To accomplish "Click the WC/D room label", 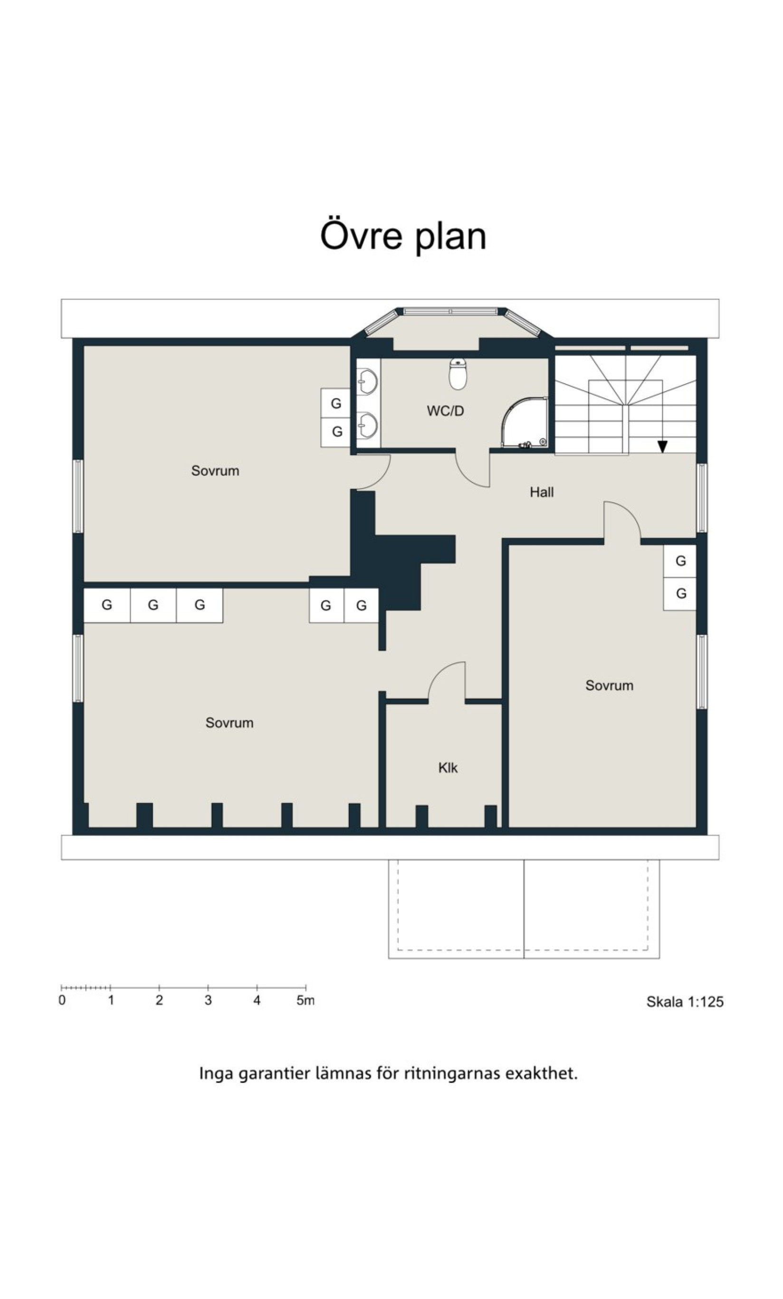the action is coord(445,411).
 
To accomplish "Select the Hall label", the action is coord(542,492).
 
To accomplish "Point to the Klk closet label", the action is coord(448,768).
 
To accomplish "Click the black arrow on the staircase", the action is coord(663,446).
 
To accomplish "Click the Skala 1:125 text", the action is coord(685,1002).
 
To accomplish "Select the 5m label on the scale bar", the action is coord(306,1000).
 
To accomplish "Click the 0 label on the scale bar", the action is coord(62,1000).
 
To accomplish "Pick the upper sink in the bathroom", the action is coord(368,381).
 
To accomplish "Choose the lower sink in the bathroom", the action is coord(368,425).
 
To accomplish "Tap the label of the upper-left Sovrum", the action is coord(215,471).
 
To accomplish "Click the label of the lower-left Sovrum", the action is coord(229,723).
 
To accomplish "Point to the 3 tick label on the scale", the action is coord(208,1000).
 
